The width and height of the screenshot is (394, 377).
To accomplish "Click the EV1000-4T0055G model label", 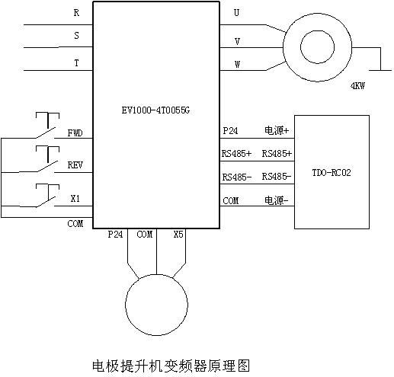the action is [155, 110].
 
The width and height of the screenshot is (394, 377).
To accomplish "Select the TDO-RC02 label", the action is [332, 173].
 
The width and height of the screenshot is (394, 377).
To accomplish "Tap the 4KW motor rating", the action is [357, 86].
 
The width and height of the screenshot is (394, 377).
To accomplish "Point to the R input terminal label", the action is [76, 13].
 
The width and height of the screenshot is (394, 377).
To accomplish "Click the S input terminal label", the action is [76, 35].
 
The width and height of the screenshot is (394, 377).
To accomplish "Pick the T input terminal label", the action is [76, 62].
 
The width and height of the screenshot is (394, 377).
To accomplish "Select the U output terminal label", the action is [236, 12].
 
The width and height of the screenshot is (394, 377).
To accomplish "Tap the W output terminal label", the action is [237, 64].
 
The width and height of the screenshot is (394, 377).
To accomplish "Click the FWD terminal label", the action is [75, 133].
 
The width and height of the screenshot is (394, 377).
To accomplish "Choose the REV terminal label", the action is [75, 165].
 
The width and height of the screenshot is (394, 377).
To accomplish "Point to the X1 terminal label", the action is [75, 198].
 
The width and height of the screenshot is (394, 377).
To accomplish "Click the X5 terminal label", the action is [178, 235].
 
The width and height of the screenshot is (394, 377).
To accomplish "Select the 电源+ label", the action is [277, 130].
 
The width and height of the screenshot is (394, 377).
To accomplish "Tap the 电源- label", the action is [277, 200].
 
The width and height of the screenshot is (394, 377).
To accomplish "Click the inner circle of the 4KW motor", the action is [317, 47].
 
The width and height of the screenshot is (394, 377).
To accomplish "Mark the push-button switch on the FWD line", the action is [47, 126].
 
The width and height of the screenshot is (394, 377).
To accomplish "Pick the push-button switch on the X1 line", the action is [47, 196].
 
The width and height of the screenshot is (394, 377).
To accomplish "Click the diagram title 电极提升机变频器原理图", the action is [171, 366].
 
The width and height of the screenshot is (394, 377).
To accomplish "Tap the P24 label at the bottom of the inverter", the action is [115, 235].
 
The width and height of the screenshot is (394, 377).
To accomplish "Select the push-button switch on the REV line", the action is [47, 159].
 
